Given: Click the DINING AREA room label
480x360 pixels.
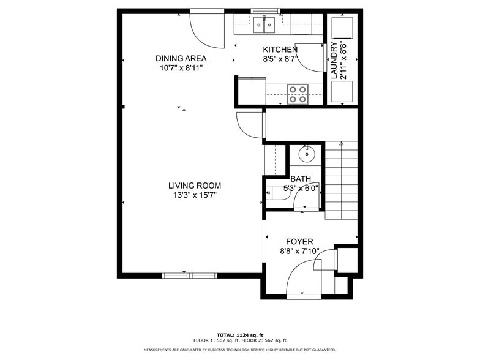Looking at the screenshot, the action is tap(181, 58).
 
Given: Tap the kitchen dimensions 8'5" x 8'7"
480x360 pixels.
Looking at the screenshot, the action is tap(280, 59).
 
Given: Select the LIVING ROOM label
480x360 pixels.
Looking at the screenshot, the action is tap(195, 186).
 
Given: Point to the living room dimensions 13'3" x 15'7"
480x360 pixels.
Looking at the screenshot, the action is tap(195, 195).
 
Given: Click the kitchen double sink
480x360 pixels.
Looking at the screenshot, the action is tap(264, 24).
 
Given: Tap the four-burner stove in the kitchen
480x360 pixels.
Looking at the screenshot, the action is tap(298, 94).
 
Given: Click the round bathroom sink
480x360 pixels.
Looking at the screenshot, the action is tap(306, 154).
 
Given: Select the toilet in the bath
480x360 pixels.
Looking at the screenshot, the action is tap(277, 193).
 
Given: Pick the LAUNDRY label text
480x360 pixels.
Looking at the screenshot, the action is tap(334, 60).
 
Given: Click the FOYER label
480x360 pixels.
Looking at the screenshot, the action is tap(299, 242).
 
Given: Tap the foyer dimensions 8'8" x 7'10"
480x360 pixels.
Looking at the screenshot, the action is tap(299, 251).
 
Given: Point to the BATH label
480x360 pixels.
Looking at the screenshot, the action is tap(301, 179).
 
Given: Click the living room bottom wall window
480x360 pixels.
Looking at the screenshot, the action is tap(190, 276).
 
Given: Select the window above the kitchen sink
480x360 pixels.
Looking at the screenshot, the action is tap(266, 11).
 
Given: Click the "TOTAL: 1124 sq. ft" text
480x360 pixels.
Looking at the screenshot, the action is tap(240, 336).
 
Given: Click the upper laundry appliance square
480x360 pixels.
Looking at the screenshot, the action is tap(342, 28).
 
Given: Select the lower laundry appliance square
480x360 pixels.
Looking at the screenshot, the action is tap(342, 91).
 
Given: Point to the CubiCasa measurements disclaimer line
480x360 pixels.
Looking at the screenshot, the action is tap(240, 350).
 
